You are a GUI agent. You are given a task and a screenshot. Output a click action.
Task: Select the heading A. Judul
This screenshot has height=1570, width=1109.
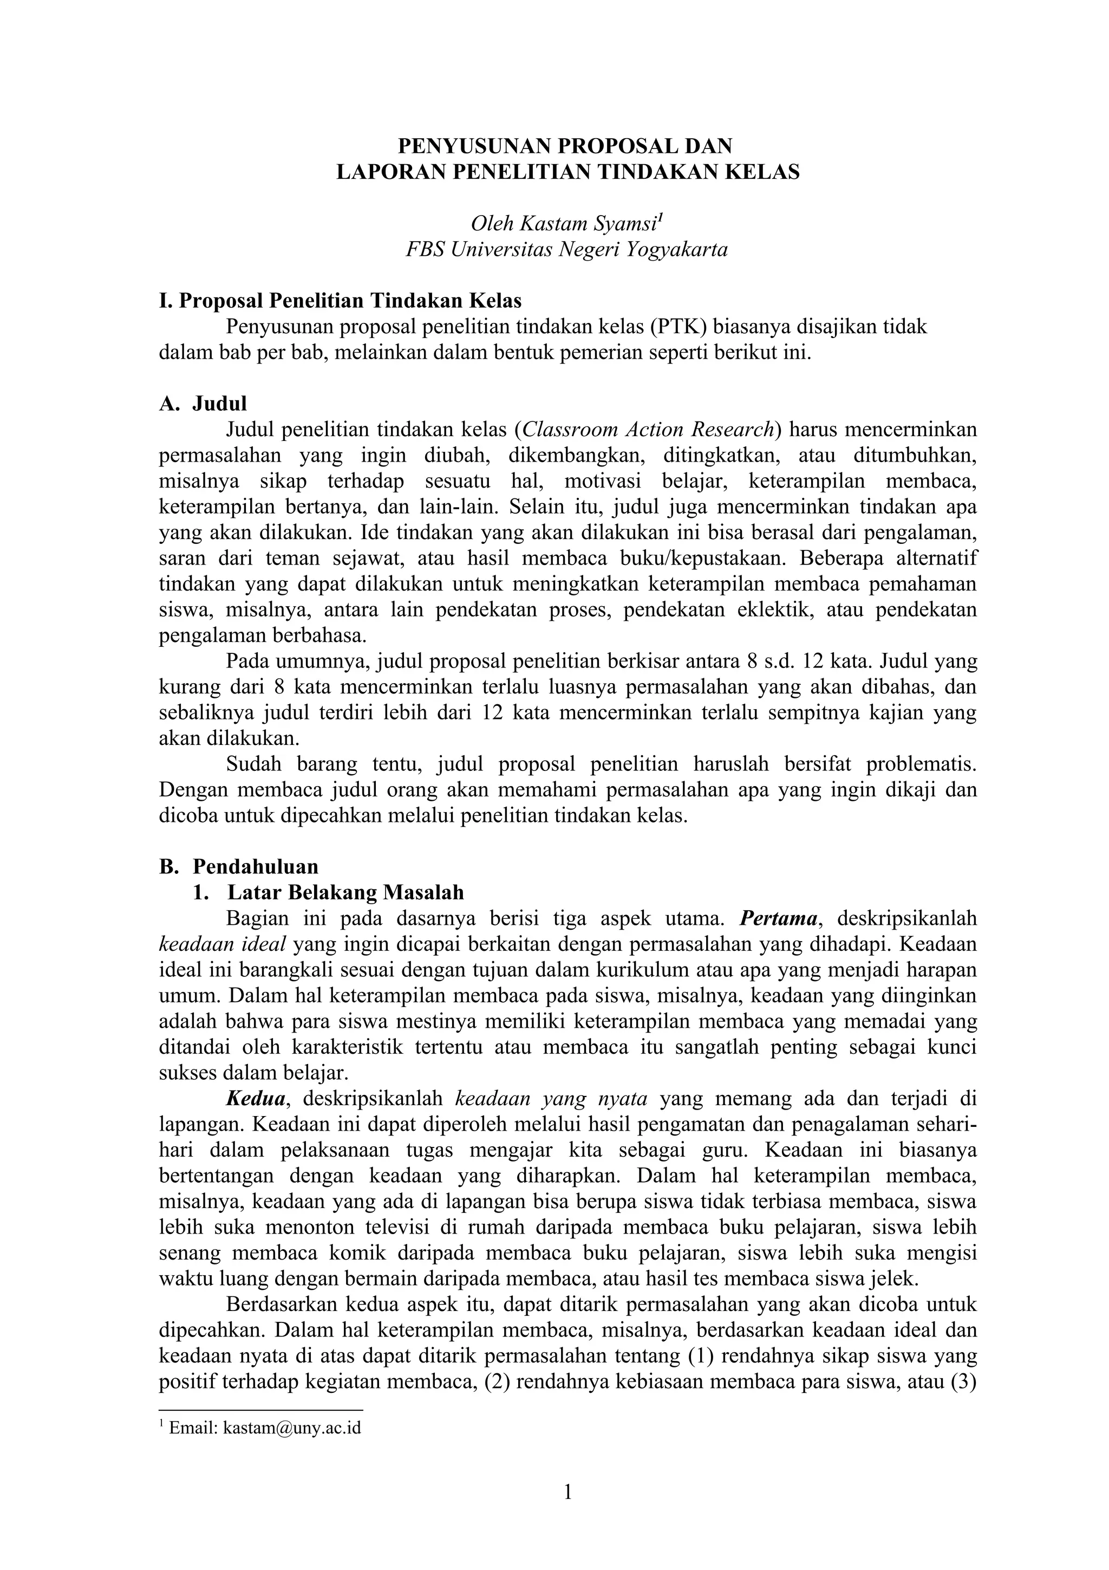pyautogui.click(x=203, y=404)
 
